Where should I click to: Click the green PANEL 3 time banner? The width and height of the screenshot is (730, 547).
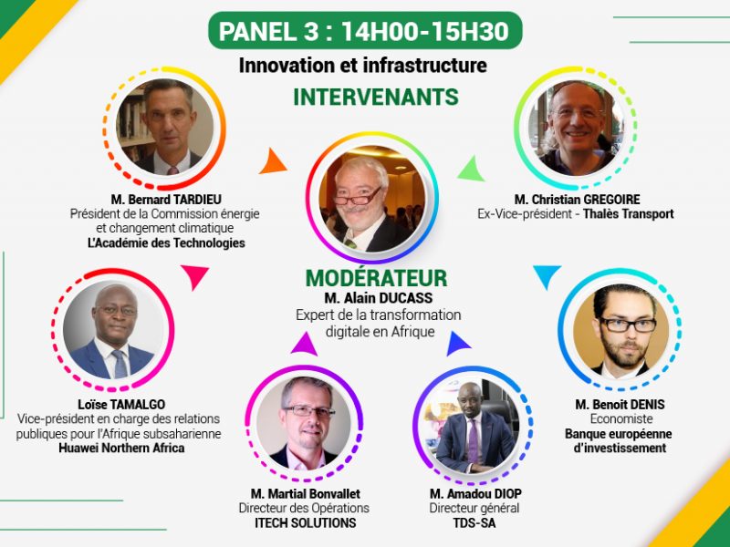[365, 31]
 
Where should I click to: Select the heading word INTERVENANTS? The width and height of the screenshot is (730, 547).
[376, 97]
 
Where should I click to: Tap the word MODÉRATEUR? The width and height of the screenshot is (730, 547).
[376, 278]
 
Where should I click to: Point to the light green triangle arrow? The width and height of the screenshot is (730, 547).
[472, 169]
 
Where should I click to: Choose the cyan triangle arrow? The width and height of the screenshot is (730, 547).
[547, 276]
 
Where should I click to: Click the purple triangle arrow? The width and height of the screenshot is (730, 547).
[304, 345]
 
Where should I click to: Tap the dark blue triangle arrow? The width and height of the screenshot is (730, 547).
[457, 345]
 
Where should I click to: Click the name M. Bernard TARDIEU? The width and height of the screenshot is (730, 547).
[166, 200]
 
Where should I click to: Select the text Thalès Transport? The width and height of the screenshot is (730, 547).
[629, 214]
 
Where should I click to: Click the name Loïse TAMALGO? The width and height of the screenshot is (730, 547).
[121, 404]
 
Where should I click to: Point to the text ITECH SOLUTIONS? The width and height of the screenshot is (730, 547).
[306, 522]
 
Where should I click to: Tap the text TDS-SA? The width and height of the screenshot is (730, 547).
[474, 522]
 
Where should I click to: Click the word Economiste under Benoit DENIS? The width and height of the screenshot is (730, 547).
[621, 418]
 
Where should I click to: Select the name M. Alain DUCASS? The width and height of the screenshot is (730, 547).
[378, 298]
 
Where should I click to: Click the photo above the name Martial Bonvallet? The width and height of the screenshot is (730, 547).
[304, 423]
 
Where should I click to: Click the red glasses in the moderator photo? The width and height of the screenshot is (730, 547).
[358, 197]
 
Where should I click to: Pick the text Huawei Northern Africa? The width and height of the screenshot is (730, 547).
[121, 448]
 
